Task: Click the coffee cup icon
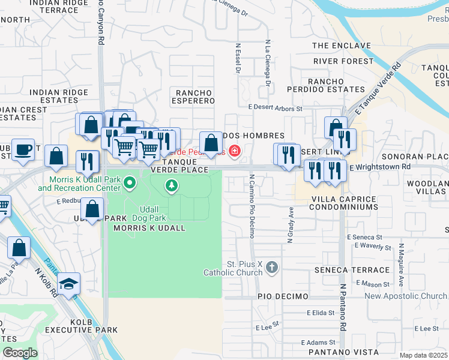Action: click(x=23, y=150)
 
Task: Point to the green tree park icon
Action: click(x=172, y=186)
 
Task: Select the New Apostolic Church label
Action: click(x=406, y=296)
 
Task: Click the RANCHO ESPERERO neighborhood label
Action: click(x=195, y=97)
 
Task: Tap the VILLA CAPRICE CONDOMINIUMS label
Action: click(x=344, y=202)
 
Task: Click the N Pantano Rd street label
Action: click(x=343, y=310)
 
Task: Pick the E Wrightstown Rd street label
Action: click(x=380, y=166)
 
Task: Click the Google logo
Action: click(x=20, y=353)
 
